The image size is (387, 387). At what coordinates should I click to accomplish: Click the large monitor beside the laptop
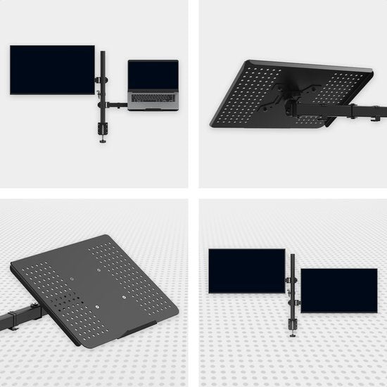point(52,70)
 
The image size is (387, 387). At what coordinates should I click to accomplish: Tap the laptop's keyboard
point(153,97)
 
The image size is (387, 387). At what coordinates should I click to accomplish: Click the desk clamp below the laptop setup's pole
point(103,132)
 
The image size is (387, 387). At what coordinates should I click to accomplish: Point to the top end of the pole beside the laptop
point(103,52)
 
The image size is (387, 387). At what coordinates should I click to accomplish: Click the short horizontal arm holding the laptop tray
point(117,106)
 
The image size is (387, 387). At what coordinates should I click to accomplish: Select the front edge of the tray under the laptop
point(153,108)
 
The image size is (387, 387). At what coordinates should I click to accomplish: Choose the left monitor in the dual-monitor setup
point(246,271)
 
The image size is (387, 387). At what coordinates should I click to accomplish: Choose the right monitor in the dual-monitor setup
point(338,290)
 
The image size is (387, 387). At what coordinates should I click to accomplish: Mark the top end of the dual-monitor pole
point(292,256)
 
